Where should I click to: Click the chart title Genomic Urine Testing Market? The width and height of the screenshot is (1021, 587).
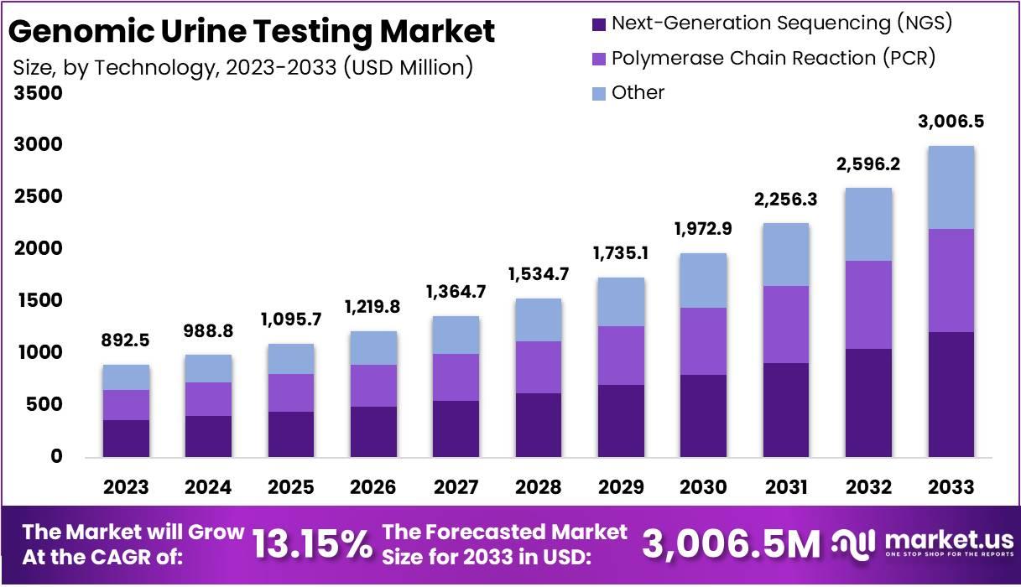tap(252, 31)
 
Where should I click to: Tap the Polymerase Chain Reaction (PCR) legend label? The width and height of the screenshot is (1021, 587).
tap(773, 59)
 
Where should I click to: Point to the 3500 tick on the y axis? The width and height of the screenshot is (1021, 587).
tap(39, 93)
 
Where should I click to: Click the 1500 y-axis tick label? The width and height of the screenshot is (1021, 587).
tap(39, 301)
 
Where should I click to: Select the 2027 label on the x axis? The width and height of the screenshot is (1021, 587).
tap(455, 487)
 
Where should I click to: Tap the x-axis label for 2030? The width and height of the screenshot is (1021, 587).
tap(702, 487)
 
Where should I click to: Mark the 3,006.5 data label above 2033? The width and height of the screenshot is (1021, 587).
tap(951, 122)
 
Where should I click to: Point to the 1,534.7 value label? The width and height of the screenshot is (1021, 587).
tap(538, 275)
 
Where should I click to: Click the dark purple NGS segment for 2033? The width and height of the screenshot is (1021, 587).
tap(951, 394)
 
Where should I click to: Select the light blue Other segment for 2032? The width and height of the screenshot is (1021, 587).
tap(868, 224)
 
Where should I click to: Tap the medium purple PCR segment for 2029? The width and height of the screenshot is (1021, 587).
tap(620, 356)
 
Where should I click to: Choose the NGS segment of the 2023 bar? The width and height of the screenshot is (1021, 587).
tap(126, 438)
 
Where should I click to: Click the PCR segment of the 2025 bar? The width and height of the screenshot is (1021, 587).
tap(290, 392)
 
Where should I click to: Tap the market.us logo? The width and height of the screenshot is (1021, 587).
tap(923, 543)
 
